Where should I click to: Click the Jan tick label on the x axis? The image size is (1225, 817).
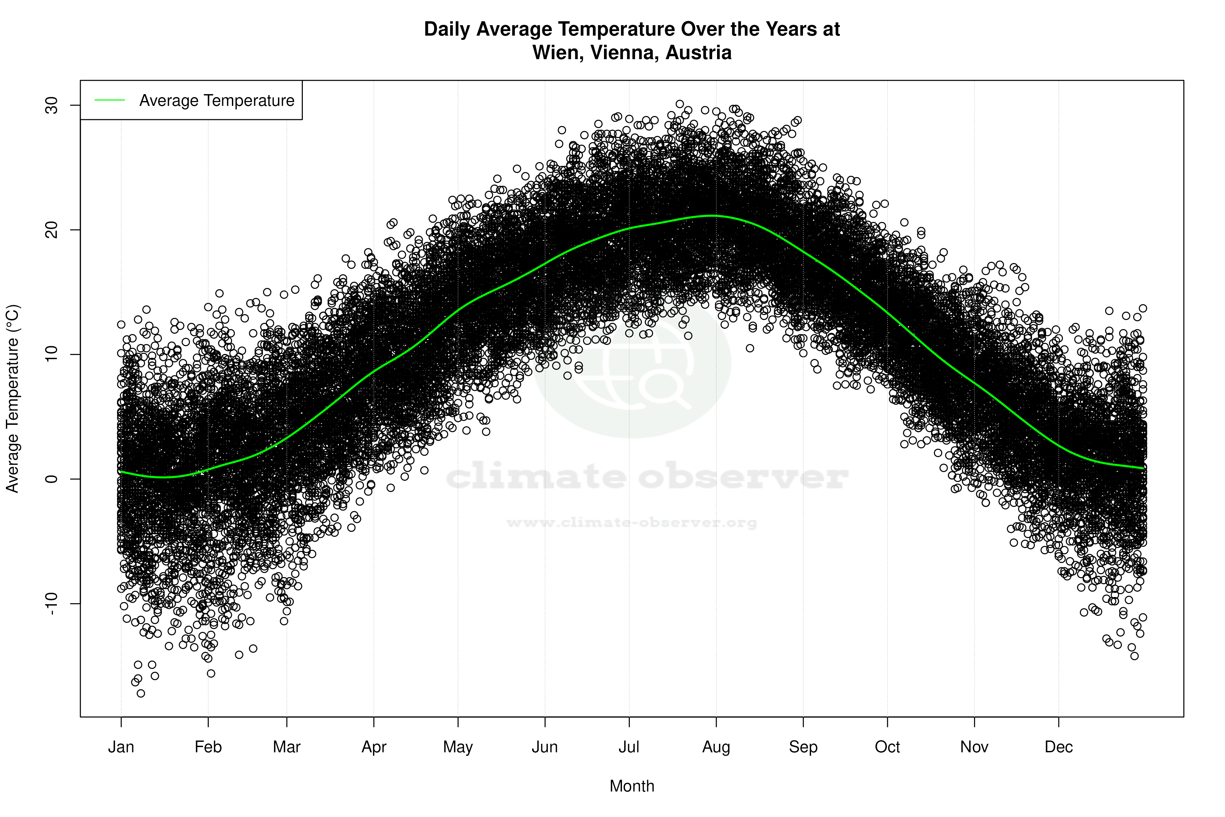[x=121, y=747]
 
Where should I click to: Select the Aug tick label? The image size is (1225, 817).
[x=716, y=747]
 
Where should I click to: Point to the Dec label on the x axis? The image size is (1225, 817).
[x=1058, y=747]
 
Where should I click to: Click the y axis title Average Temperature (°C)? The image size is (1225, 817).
[x=12, y=399]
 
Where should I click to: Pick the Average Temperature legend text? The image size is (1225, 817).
[x=217, y=101]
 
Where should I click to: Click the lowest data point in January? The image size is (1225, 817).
[x=140, y=693]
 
